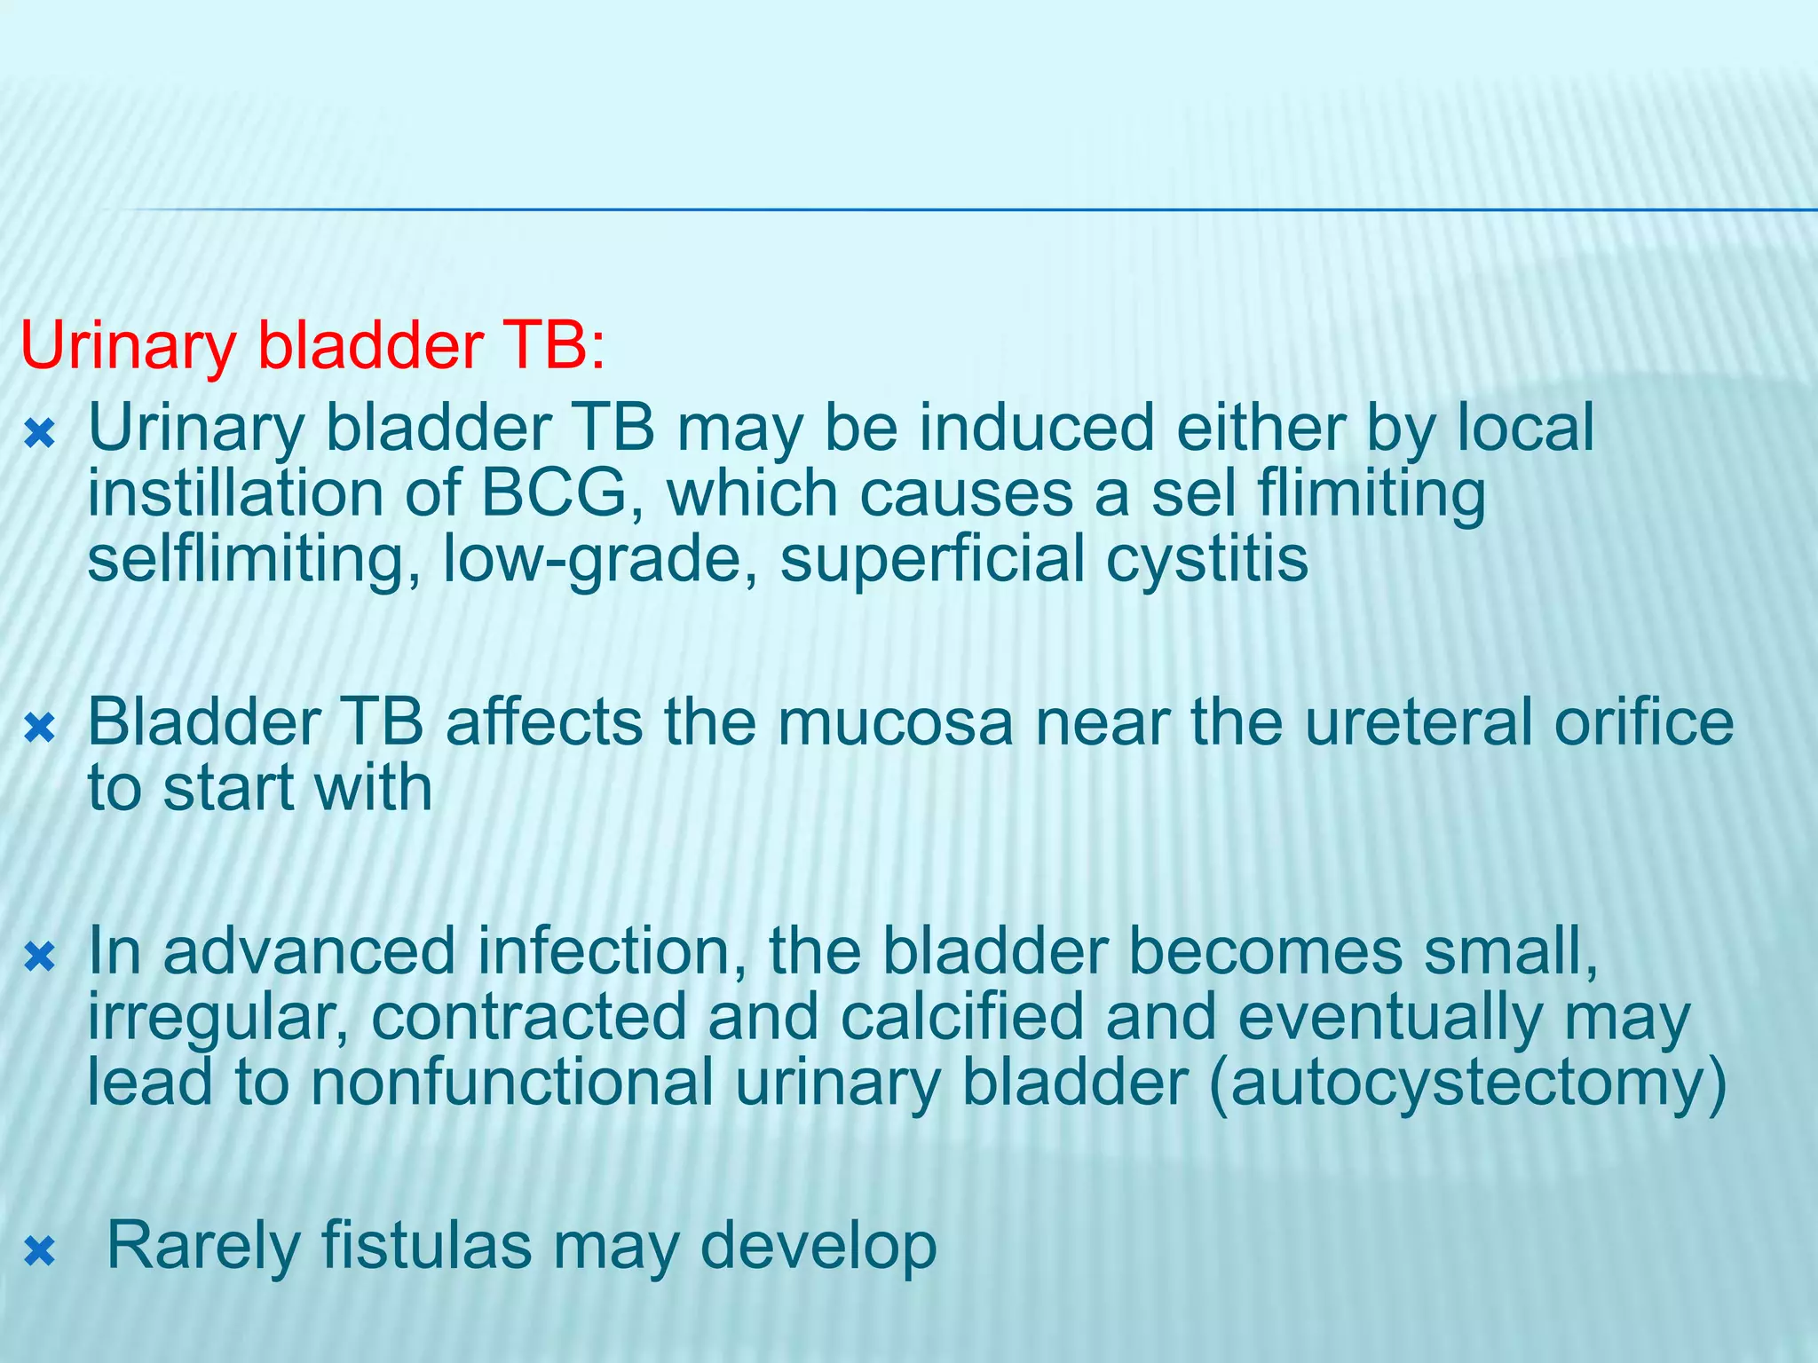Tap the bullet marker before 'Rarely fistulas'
40,1252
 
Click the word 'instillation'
234,493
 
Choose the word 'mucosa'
895,722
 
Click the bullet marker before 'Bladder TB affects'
40,729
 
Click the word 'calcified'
961,1017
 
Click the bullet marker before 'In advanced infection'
40,958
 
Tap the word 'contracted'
529,1017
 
